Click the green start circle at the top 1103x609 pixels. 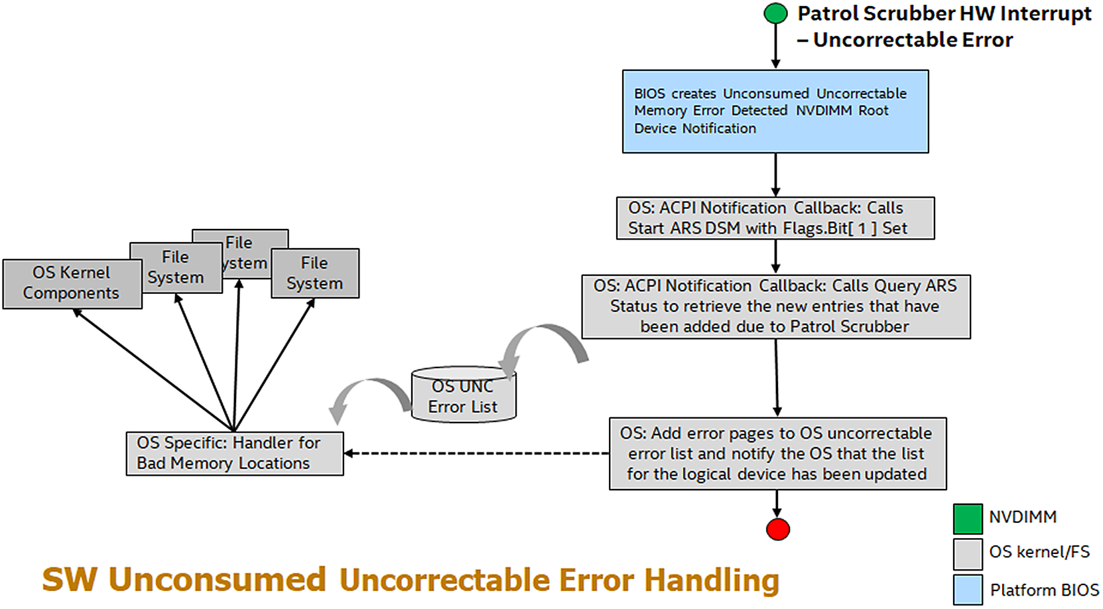pyautogui.click(x=775, y=13)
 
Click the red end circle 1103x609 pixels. pyautogui.click(x=778, y=529)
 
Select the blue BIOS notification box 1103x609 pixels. pyautogui.click(x=775, y=111)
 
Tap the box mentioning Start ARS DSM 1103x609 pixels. pyautogui.click(x=775, y=218)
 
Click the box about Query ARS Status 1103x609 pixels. pyautogui.click(x=776, y=306)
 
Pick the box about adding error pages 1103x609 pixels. pyautogui.click(x=778, y=453)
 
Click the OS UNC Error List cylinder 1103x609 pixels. pyautogui.click(x=464, y=395)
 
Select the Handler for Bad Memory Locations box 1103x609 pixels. pyautogui.click(x=235, y=453)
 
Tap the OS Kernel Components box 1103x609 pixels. pyautogui.click(x=72, y=284)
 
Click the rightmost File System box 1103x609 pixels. pyautogui.click(x=315, y=273)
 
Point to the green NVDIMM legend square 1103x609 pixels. pyautogui.click(x=968, y=519)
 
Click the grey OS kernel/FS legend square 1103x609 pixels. pyautogui.click(x=968, y=554)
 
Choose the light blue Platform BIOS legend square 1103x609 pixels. pyautogui.click(x=968, y=589)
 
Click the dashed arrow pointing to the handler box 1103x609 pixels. pyautogui.click(x=477, y=453)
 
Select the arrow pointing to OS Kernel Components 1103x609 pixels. pyautogui.click(x=153, y=370)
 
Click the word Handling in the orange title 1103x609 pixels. pyautogui.click(x=712, y=581)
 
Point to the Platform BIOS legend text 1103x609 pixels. pyautogui.click(x=1045, y=590)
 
